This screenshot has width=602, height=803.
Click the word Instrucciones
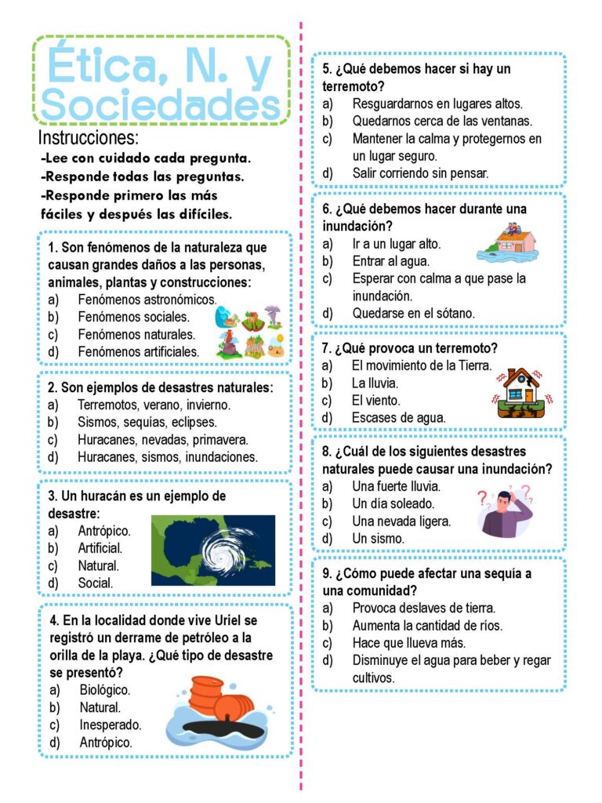(x=89, y=138)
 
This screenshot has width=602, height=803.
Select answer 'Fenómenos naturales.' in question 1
(x=136, y=335)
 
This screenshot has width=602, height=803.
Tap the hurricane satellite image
(x=213, y=550)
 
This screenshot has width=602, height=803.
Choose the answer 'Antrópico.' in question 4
(x=106, y=741)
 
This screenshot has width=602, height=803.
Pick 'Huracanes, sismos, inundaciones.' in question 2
(x=167, y=456)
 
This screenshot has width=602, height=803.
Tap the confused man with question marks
(x=507, y=511)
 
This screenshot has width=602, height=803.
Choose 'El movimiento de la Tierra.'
(x=422, y=365)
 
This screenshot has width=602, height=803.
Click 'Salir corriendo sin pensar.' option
(x=420, y=173)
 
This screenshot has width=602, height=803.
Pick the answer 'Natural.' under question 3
(x=99, y=565)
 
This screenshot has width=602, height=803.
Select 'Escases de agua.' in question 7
(x=398, y=417)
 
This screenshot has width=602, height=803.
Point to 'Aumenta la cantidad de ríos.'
(x=427, y=625)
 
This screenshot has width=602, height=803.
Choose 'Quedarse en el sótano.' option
(x=413, y=313)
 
